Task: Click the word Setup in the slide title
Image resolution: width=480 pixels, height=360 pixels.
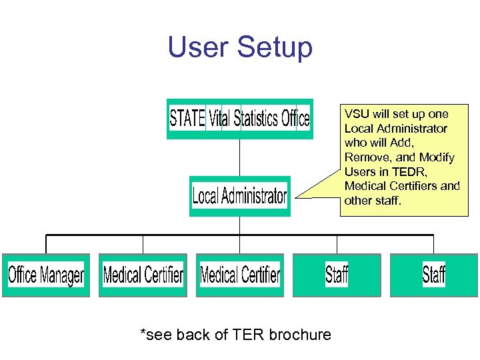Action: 275,48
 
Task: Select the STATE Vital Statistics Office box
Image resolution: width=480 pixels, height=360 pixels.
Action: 239,119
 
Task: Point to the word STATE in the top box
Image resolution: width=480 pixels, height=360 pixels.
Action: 187,119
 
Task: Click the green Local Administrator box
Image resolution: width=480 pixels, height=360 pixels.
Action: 240,196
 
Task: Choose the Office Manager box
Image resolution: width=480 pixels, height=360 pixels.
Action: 46,275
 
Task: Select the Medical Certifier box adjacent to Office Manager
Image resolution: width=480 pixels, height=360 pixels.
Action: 143,275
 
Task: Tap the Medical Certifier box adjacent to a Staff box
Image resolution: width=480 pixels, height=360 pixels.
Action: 240,275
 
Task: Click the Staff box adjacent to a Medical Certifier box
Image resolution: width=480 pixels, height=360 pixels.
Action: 337,275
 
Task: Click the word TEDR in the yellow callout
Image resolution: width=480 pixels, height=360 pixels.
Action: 409,172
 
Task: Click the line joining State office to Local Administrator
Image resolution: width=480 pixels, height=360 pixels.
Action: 239,157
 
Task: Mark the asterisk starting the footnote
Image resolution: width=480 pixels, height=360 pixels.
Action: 143,332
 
